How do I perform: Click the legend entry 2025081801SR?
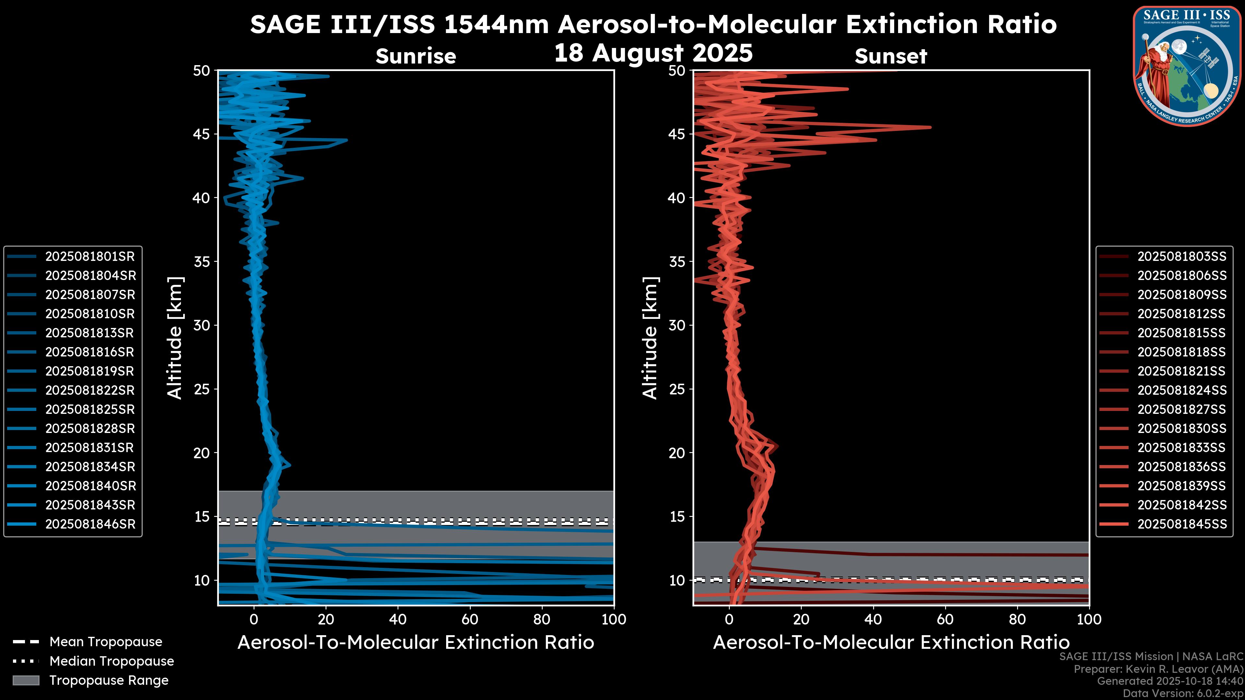[90, 256]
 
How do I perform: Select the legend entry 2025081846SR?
[90, 524]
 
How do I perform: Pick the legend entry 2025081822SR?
[90, 390]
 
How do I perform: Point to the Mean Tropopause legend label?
[106, 642]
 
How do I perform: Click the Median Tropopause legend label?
[112, 661]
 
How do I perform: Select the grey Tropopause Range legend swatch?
[26, 680]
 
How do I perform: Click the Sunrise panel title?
[416, 56]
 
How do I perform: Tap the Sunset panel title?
[891, 56]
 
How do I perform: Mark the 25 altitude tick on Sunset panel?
[677, 389]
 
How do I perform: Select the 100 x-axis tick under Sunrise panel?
[613, 619]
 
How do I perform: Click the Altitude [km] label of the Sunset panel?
[650, 338]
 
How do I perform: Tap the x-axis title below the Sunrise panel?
[416, 643]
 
